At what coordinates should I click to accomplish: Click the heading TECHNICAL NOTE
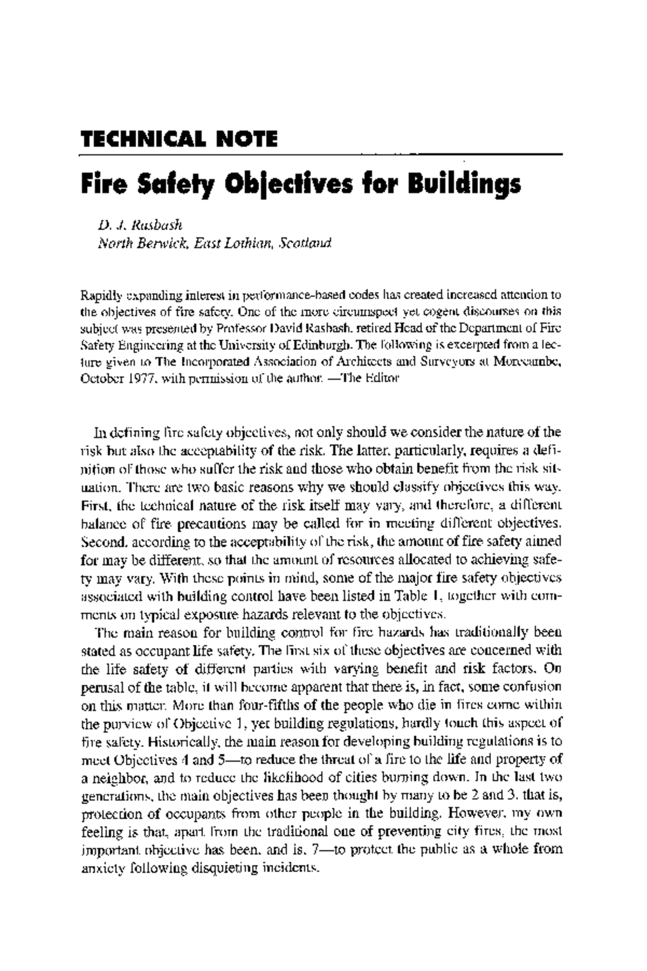pyautogui.click(x=179, y=139)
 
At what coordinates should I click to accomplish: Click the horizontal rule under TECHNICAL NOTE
pyautogui.click(x=321, y=155)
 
